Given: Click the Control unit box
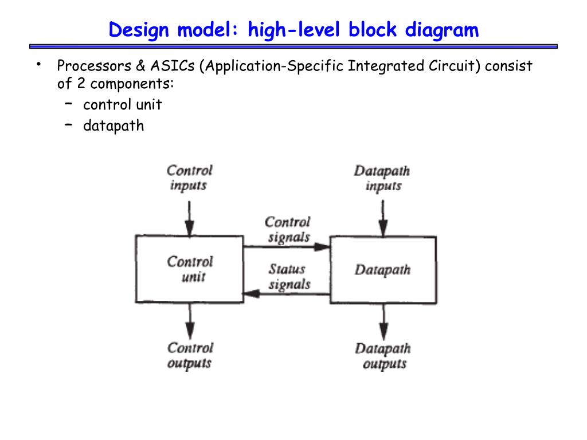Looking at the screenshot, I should click(x=189, y=269).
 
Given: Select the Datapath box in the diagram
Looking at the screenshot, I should click(x=382, y=269).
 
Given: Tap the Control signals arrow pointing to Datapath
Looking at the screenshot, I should click(x=287, y=247).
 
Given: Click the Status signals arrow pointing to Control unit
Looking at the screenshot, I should click(x=287, y=294).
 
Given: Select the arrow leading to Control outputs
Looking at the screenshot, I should click(x=190, y=321).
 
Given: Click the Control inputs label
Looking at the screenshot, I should click(x=189, y=178).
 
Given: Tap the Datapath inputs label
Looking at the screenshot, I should click(x=382, y=178).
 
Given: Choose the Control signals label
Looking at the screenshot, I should click(x=288, y=229).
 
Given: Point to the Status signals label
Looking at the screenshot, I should click(x=288, y=276).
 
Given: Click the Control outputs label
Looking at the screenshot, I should click(x=190, y=355).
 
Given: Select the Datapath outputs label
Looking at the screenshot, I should click(x=383, y=356).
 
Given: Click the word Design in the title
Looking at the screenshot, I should click(x=139, y=30).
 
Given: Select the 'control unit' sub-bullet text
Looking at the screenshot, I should click(x=122, y=105).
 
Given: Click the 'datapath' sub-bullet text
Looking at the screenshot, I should click(x=114, y=125).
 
